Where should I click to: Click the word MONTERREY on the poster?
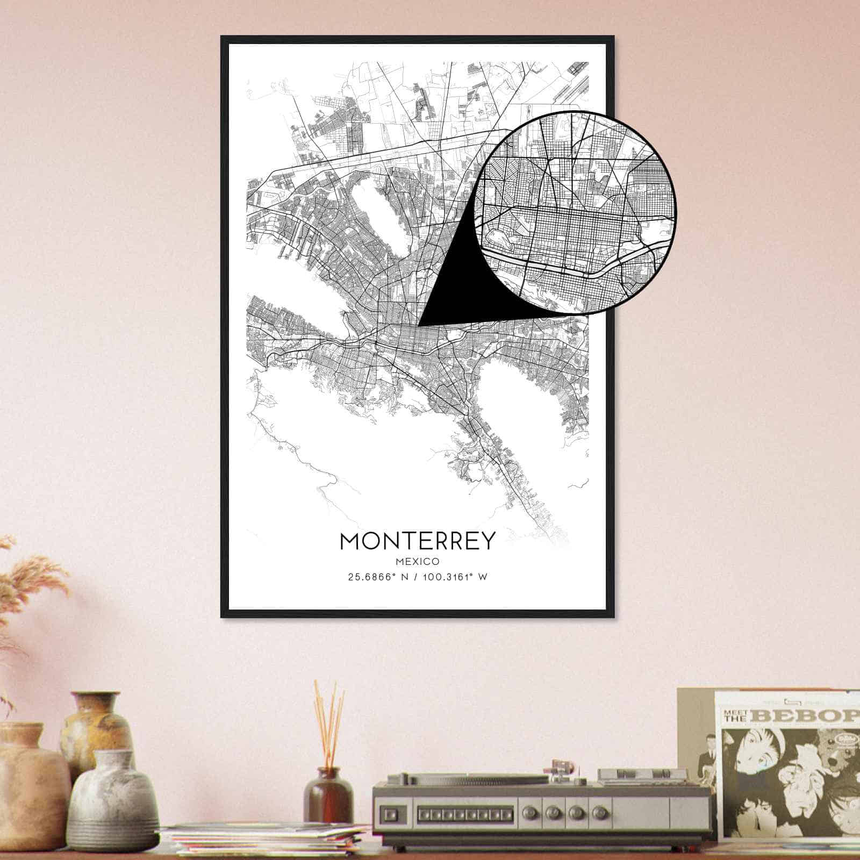(417, 541)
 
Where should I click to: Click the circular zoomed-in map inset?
(575, 212)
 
